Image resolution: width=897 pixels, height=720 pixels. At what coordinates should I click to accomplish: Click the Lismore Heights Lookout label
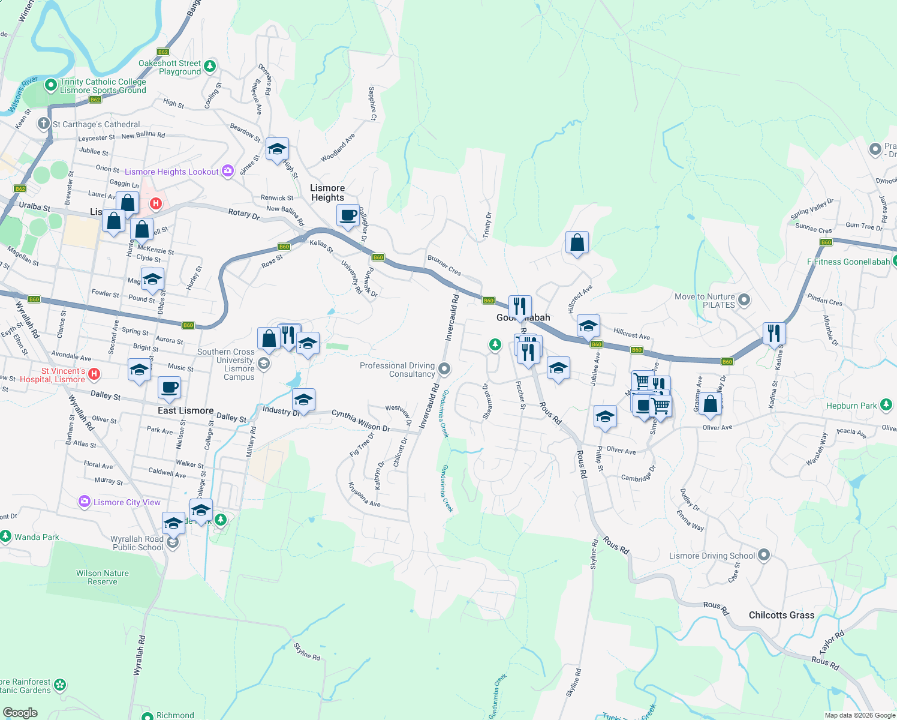click(x=171, y=172)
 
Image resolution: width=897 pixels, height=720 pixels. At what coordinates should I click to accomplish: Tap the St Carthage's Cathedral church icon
click(x=43, y=124)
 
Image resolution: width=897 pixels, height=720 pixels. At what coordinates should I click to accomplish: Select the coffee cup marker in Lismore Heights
click(x=348, y=216)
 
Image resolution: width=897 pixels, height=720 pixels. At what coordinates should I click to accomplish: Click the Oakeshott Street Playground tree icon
click(x=210, y=66)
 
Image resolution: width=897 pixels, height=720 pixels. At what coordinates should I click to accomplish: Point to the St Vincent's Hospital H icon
click(x=94, y=374)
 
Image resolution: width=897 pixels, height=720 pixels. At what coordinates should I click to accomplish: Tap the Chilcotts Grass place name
click(x=781, y=615)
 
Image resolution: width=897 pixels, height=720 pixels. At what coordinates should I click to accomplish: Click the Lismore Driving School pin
click(x=764, y=555)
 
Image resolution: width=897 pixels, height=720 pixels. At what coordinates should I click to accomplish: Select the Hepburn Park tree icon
click(x=886, y=406)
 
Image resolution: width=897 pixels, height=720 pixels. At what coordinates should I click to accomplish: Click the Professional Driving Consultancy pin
click(x=444, y=368)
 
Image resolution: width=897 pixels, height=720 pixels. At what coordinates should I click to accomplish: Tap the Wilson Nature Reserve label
click(x=103, y=577)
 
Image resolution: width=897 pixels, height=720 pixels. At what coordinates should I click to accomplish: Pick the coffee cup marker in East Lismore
click(x=170, y=388)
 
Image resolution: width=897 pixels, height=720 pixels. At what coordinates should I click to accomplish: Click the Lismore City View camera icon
click(x=85, y=502)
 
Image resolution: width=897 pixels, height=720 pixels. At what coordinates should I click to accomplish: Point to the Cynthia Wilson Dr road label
click(x=360, y=421)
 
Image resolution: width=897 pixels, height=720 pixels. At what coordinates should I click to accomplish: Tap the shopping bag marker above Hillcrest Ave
click(x=577, y=242)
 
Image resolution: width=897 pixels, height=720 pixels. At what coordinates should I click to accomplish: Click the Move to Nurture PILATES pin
click(x=744, y=299)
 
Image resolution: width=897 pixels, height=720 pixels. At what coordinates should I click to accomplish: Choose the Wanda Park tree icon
click(x=5, y=536)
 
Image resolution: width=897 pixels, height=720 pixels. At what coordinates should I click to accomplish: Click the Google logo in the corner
click(x=20, y=712)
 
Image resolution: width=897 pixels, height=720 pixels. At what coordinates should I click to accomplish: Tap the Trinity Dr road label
click(x=488, y=226)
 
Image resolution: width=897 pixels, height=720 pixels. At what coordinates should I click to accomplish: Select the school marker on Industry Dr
click(x=303, y=400)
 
